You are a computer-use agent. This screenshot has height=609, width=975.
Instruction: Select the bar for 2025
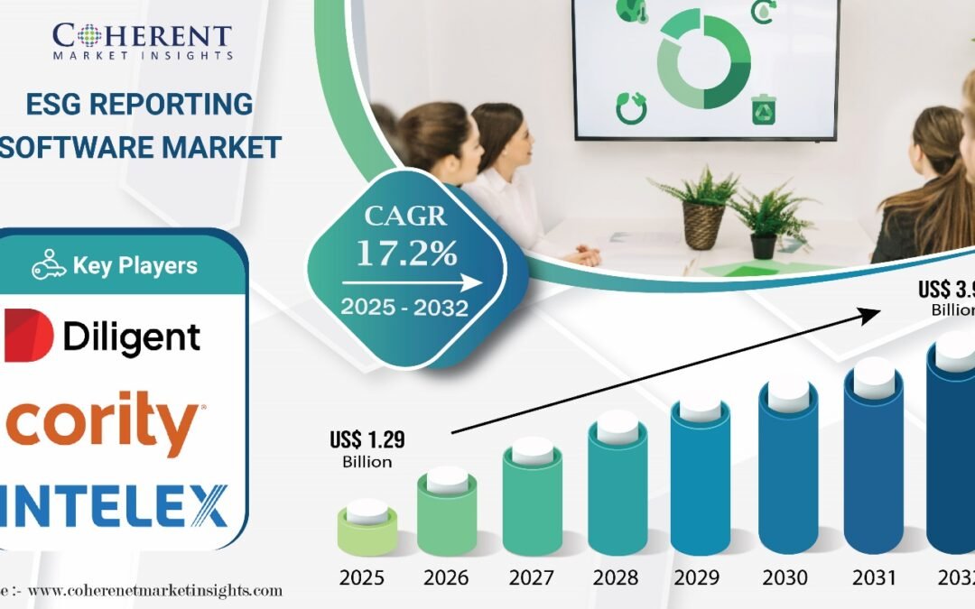pyautogui.click(x=367, y=531)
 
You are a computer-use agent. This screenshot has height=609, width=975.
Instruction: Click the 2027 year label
pyautogui.click(x=533, y=578)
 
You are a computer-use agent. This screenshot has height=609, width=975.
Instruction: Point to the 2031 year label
pyautogui.click(x=872, y=578)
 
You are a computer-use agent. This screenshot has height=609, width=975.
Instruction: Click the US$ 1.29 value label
pyautogui.click(x=367, y=441)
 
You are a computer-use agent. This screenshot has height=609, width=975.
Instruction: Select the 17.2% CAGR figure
pyautogui.click(x=406, y=254)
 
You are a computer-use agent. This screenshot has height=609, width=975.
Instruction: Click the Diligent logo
pyautogui.click(x=103, y=336)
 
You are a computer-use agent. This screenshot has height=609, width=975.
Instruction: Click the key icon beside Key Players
pyautogui.click(x=49, y=265)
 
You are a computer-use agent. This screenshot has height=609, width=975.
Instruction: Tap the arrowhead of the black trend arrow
pyautogui.click(x=871, y=313)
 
